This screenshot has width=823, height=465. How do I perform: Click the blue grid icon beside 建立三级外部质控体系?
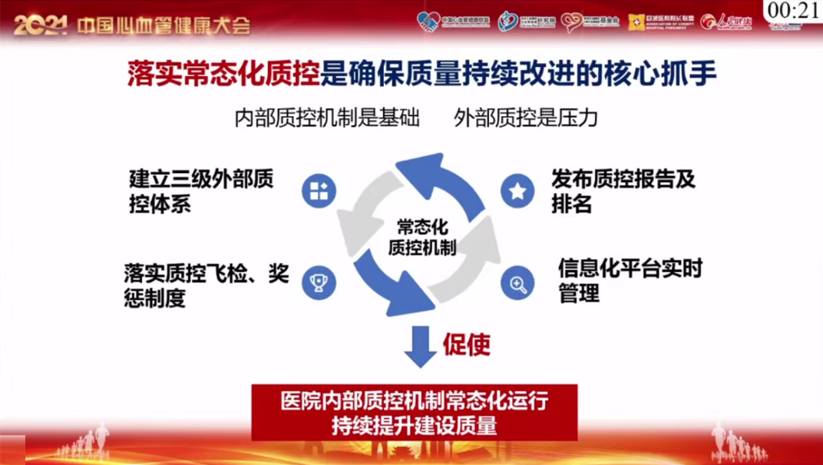pyautogui.click(x=319, y=191)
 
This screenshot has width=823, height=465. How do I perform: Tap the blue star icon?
pyautogui.click(x=517, y=191)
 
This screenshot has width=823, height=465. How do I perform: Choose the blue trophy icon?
pyautogui.click(x=319, y=283)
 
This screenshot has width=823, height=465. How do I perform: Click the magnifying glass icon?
pyautogui.click(x=517, y=284)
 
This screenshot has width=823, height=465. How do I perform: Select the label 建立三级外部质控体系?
pyautogui.click(x=201, y=192)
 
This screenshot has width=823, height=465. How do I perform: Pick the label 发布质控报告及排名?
pyautogui.click(x=623, y=192)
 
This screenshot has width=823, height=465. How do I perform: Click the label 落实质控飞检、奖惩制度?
pyautogui.click(x=206, y=285)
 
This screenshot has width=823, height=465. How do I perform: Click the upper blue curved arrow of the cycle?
pyautogui.click(x=445, y=181)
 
